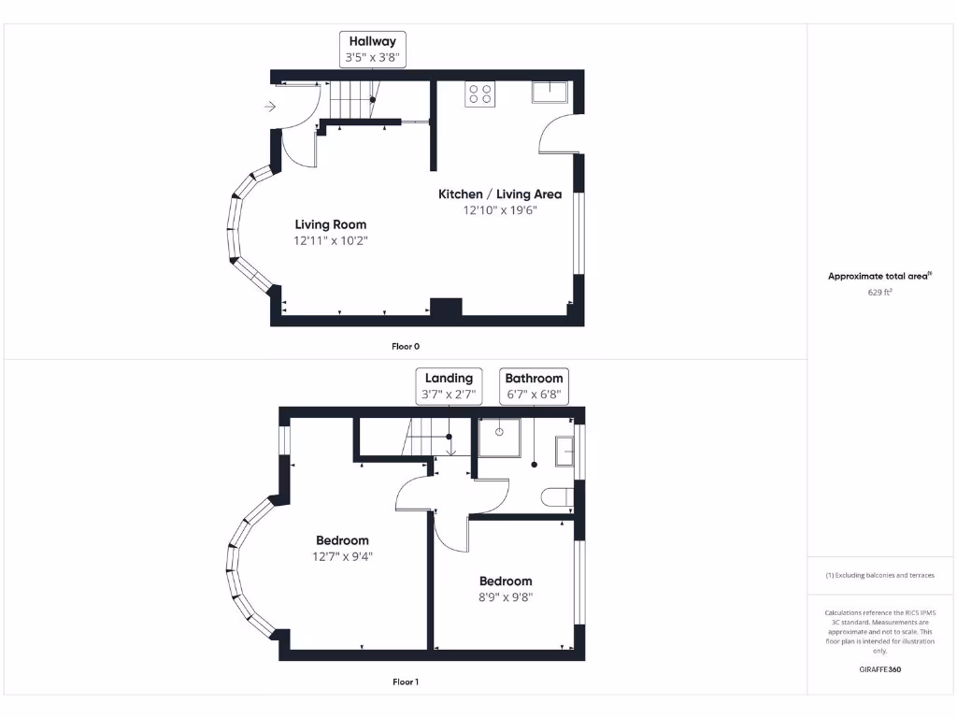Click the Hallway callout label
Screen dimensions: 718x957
372,41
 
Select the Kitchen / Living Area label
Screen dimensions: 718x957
500,194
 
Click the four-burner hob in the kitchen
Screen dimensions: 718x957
480,93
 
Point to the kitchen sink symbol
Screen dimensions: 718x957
550,92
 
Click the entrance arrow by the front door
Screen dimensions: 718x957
270,107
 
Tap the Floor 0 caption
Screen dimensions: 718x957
405,346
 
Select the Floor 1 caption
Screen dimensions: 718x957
405,682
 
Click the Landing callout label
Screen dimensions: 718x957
449,378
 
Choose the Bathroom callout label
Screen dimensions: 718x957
534,378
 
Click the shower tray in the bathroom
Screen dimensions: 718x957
500,437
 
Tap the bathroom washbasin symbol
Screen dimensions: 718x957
564,452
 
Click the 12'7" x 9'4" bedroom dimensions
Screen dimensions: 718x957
342,556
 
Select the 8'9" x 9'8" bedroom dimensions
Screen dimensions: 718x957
506,597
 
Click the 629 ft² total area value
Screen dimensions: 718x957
879,293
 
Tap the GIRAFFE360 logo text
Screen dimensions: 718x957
879,669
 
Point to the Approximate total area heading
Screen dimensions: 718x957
879,276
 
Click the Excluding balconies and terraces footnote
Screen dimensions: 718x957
879,575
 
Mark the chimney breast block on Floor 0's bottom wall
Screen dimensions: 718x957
446,309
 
